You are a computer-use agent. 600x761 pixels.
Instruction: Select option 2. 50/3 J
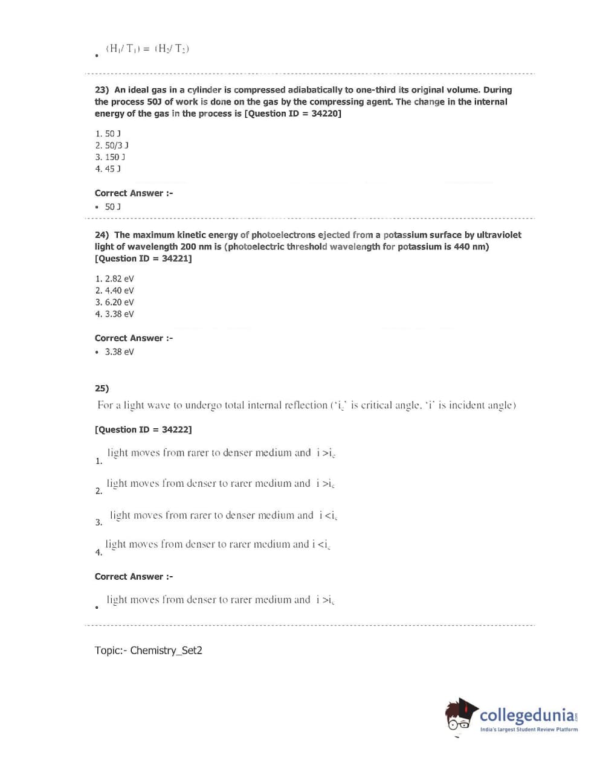(x=112, y=146)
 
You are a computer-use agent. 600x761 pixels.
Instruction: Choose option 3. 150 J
(x=110, y=157)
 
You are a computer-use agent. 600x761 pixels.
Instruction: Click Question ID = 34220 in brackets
(x=292, y=114)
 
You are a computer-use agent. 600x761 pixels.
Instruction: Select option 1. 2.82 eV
(x=114, y=279)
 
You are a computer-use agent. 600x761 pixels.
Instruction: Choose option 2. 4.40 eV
(x=114, y=291)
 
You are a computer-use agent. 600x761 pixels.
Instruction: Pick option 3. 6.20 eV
(x=114, y=303)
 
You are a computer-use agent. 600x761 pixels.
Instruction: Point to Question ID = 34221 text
(x=143, y=258)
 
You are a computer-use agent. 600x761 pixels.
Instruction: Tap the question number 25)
(x=102, y=388)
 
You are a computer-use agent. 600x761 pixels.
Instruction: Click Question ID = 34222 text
(x=143, y=429)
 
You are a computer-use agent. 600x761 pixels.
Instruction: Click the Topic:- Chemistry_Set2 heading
(x=148, y=650)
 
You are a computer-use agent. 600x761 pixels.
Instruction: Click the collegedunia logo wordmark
(x=527, y=716)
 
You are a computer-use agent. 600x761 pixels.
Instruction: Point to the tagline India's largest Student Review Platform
(x=529, y=730)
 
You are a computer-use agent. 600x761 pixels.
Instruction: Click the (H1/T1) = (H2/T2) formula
(x=147, y=49)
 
